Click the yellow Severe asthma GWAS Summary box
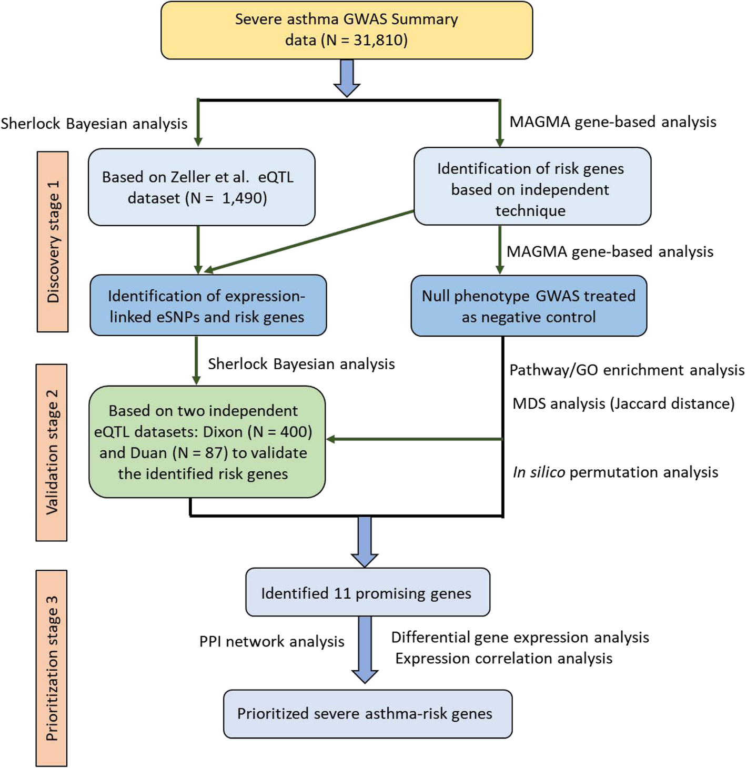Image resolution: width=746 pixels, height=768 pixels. click(x=346, y=30)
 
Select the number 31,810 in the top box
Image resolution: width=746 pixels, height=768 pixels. click(x=379, y=41)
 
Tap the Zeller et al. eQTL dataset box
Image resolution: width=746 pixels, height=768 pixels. click(x=201, y=187)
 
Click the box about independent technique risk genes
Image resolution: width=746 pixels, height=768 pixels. click(x=532, y=187)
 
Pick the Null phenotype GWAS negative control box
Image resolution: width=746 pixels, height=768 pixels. click(x=528, y=306)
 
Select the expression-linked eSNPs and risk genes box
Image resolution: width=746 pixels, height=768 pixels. click(x=208, y=306)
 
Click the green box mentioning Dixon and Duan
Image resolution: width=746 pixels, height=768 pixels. click(x=207, y=442)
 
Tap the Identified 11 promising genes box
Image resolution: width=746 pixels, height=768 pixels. click(x=367, y=592)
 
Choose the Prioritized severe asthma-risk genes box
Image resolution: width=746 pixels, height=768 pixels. click(x=367, y=714)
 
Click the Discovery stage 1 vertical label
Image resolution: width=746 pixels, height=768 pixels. click(x=53, y=242)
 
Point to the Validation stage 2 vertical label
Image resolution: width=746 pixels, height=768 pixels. click(x=52, y=452)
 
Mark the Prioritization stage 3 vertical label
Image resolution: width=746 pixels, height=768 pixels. click(x=52, y=668)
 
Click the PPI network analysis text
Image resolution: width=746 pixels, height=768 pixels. click(x=271, y=642)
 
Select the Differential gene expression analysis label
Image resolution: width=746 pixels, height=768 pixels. click(x=520, y=638)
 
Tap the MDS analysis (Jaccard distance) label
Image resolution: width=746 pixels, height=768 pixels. click(x=623, y=404)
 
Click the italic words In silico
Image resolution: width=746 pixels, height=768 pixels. click(x=539, y=472)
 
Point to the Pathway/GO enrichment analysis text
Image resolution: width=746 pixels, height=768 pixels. click(x=627, y=370)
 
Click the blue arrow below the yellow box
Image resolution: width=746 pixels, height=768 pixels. click(x=347, y=78)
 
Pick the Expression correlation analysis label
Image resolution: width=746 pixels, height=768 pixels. click(x=503, y=659)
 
